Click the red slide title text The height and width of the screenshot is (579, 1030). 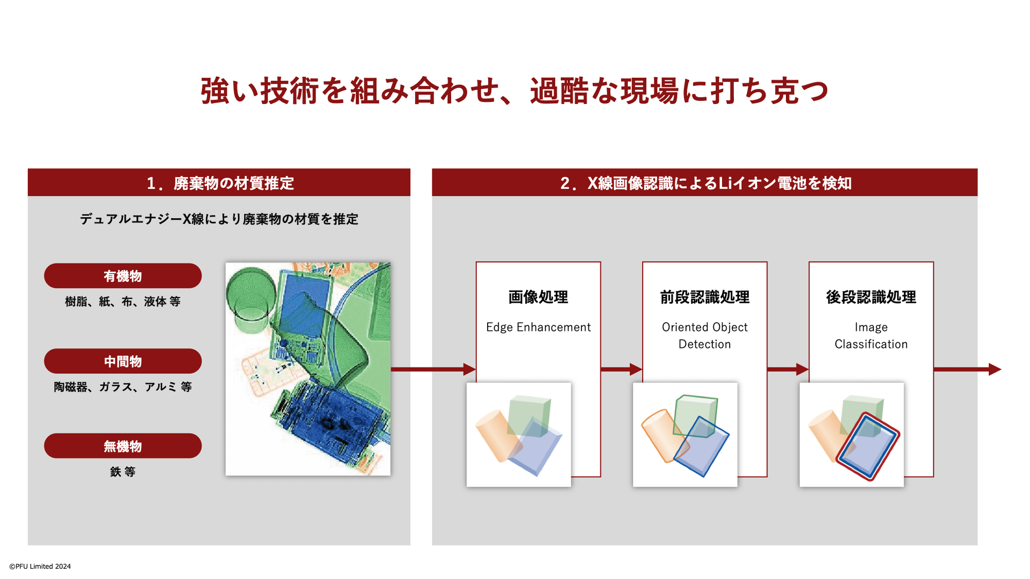click(514, 91)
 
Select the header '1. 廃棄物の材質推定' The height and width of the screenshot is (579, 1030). click(220, 183)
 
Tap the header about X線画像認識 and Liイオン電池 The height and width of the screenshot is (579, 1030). click(705, 183)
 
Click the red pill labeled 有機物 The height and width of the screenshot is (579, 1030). click(123, 276)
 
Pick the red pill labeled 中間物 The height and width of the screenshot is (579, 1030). click(123, 361)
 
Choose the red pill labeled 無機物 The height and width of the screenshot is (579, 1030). click(123, 446)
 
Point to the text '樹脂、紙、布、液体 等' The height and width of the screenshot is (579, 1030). click(123, 301)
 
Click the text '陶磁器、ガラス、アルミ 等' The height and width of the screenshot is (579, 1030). click(123, 387)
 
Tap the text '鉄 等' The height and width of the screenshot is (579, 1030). click(123, 472)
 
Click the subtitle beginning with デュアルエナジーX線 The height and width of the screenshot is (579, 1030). click(219, 219)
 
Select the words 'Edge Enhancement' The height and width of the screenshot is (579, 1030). click(538, 327)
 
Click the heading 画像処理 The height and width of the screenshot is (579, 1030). click(538, 297)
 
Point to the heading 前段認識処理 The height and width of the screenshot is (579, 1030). click(705, 297)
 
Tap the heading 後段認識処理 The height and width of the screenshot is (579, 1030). click(871, 297)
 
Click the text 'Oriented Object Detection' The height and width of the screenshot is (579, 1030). click(705, 336)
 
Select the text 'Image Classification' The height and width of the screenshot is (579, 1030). click(871, 336)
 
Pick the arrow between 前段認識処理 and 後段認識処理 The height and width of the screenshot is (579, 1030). click(788, 369)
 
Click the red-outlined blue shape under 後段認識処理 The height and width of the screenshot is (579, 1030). click(867, 446)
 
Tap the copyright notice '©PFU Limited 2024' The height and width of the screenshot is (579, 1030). click(40, 566)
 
